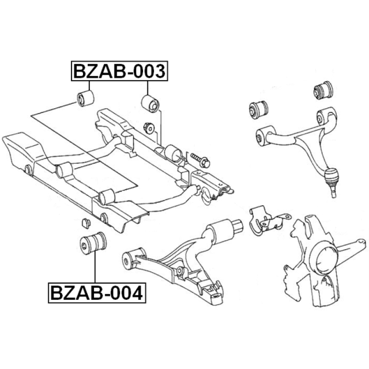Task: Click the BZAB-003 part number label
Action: click(x=119, y=71)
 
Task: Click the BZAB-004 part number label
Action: click(x=97, y=293)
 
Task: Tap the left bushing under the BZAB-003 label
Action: click(x=86, y=98)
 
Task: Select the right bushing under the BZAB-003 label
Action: click(x=150, y=103)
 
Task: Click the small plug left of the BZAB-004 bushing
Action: click(x=86, y=223)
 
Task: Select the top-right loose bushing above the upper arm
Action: click(x=324, y=90)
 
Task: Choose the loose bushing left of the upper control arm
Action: click(x=258, y=110)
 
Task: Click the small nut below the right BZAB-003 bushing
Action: click(x=149, y=128)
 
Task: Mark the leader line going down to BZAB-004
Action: click(x=95, y=268)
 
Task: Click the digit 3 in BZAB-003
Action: click(x=159, y=71)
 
